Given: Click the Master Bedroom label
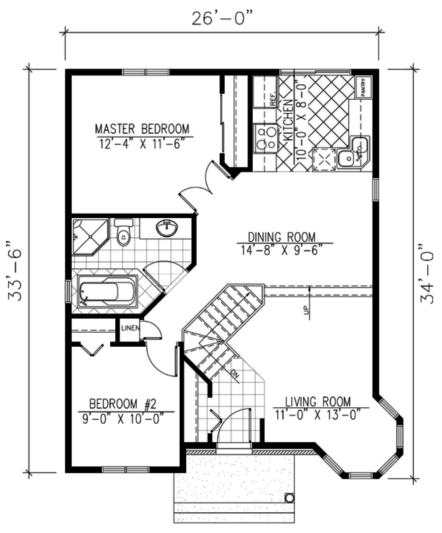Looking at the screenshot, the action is coord(142,129).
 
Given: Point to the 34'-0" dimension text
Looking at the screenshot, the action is coord(427,274).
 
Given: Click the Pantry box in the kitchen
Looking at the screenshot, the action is coord(364,87).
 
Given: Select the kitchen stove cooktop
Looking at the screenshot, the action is coord(265,138).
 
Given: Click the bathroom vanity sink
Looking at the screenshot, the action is coord(167,228).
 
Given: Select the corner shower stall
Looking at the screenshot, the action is coord(90,236).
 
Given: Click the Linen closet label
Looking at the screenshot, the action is coord(130,328).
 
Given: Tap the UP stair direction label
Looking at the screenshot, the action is coord(307,310).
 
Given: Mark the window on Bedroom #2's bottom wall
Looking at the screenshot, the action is coord(125,470).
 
